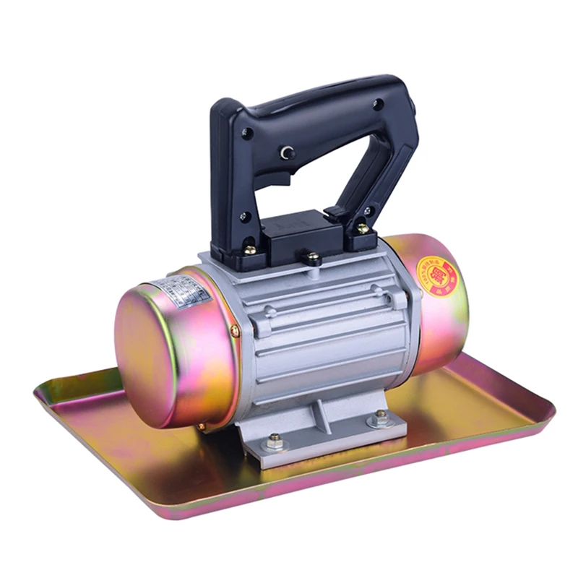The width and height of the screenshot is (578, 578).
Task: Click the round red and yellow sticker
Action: click(436, 276)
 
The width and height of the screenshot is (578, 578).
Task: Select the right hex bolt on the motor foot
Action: click(380, 417)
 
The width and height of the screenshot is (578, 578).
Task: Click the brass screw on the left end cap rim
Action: click(235, 331)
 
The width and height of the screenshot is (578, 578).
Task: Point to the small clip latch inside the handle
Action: click(334, 213)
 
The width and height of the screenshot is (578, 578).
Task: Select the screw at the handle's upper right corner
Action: click(377, 104)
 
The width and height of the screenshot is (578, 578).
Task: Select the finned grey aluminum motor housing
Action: click(325, 325)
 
